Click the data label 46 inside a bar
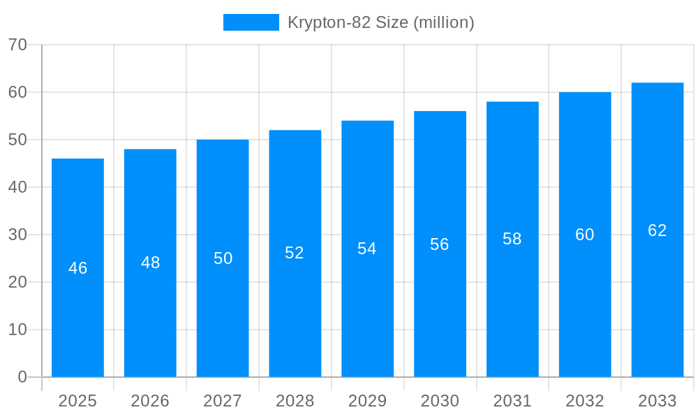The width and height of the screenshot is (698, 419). point(77,268)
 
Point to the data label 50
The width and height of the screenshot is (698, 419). point(223,258)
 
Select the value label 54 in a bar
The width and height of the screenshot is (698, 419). point(367,249)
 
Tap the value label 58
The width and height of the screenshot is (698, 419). point(512,239)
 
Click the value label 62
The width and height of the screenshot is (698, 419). point(657,230)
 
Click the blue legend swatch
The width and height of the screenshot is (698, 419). point(251,22)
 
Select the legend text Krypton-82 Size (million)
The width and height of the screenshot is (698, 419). point(381,22)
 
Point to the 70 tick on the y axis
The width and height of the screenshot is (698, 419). point(17,45)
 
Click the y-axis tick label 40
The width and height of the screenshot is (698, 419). point(17,187)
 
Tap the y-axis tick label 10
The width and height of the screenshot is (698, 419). point(17,330)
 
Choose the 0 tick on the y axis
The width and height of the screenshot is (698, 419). point(22,377)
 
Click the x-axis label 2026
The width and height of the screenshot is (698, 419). point(150,401)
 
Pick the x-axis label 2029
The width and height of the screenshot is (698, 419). point(367,401)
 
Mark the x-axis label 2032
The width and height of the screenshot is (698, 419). point(585,401)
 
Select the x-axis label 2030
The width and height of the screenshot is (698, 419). point(440,401)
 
